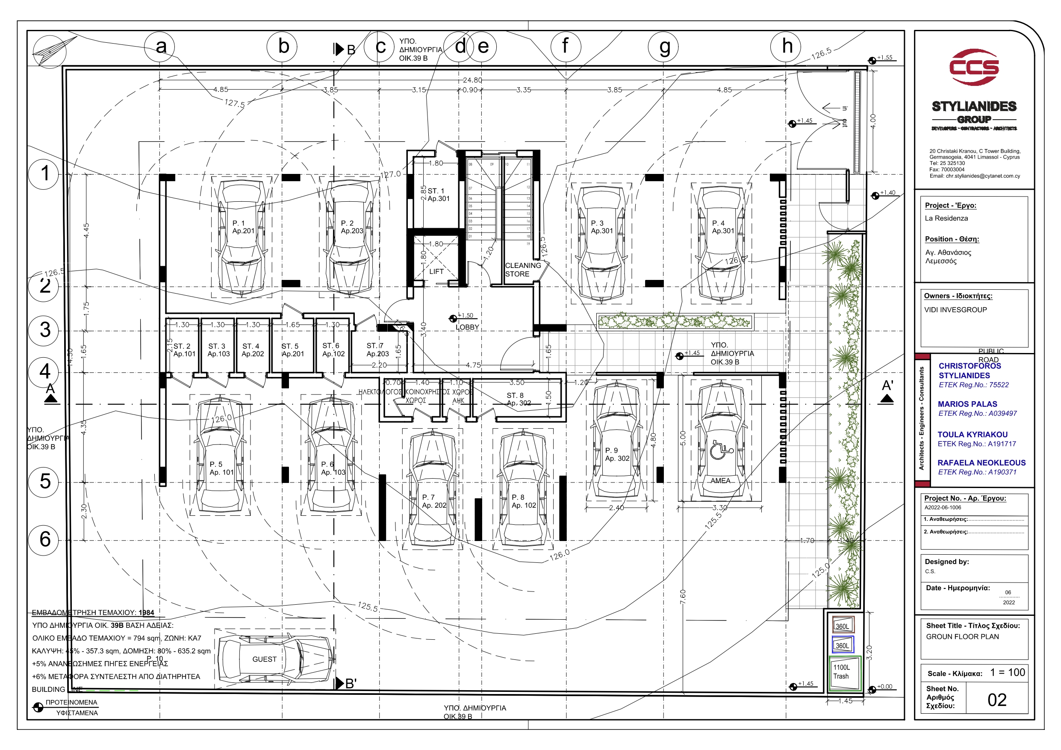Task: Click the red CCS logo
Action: point(974,67)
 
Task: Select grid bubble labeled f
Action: point(566,46)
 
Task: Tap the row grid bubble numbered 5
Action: point(44,482)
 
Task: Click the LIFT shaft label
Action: point(436,272)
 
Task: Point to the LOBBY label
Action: point(467,327)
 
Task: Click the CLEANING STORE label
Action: point(522,270)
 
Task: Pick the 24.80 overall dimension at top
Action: point(472,80)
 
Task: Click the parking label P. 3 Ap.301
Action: point(601,227)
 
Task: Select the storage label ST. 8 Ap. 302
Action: point(518,399)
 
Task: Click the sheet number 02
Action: point(997,700)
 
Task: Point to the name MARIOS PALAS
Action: point(967,404)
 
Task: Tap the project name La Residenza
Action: point(946,218)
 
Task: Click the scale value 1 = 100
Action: point(1008,673)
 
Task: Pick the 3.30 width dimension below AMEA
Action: point(719,508)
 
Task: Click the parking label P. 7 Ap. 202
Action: point(434,501)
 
